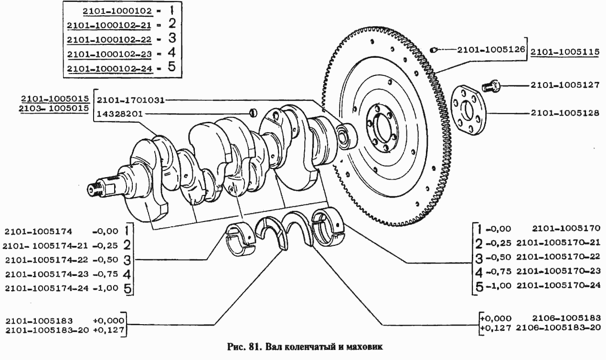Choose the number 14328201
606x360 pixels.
(x=119, y=114)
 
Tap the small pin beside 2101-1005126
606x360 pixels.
(x=433, y=49)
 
